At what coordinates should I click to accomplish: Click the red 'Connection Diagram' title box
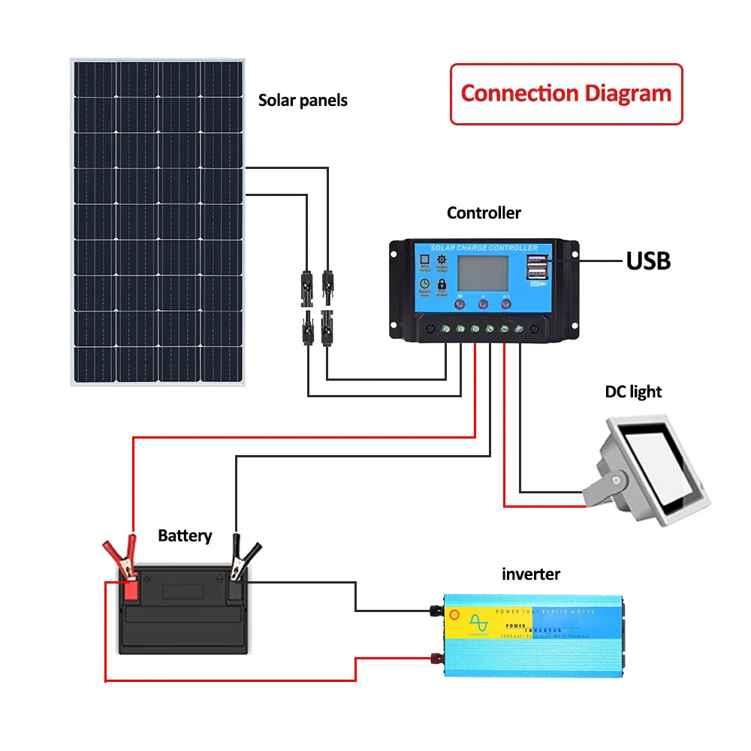click(x=566, y=94)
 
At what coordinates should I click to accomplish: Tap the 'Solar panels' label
click(x=303, y=100)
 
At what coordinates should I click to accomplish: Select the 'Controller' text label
click(x=484, y=213)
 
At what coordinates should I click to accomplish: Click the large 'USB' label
click(x=648, y=261)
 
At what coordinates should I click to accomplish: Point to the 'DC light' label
click(x=633, y=391)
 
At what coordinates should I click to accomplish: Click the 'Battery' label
click(x=185, y=535)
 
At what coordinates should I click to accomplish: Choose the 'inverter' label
click(x=530, y=575)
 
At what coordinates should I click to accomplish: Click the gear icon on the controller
click(x=442, y=260)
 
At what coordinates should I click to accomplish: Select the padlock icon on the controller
click(x=442, y=285)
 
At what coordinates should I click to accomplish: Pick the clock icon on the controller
click(x=424, y=285)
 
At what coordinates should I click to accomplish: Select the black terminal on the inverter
click(x=433, y=611)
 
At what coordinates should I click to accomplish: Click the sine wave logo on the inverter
click(x=477, y=623)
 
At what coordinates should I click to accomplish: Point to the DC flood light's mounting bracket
click(x=605, y=481)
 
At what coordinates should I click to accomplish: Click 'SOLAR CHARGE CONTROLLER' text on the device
click(x=484, y=248)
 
